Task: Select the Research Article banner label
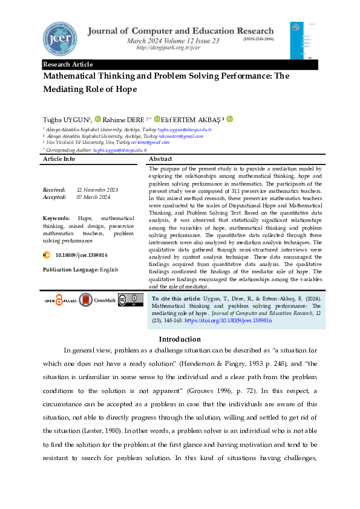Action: [x=68, y=65]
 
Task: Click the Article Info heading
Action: [x=59, y=158]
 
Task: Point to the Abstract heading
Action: [x=162, y=158]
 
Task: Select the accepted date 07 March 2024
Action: [x=96, y=196]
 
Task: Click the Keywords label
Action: [x=56, y=218]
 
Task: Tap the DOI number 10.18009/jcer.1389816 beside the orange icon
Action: [x=81, y=256]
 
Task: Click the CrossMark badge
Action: [x=95, y=300]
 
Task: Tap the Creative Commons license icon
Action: [x=127, y=300]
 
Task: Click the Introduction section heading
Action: [x=180, y=339]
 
